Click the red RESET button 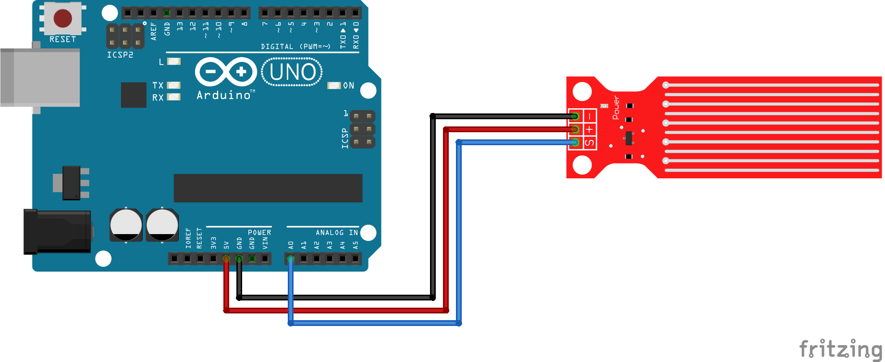click(62, 18)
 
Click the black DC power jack click(57, 231)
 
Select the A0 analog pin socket click(291, 259)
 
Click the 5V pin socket click(226, 259)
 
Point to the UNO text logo click(292, 73)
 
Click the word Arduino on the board click(223, 95)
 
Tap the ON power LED click(334, 86)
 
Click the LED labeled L click(174, 62)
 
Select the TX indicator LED click(174, 85)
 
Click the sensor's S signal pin click(575, 142)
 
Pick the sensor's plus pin click(575, 129)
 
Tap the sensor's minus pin click(575, 116)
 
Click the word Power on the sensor click(615, 107)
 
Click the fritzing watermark click(840, 349)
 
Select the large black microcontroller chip click(268, 188)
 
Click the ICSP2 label click(120, 55)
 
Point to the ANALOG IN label click(336, 233)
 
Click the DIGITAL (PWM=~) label click(295, 47)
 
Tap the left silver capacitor click(126, 225)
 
